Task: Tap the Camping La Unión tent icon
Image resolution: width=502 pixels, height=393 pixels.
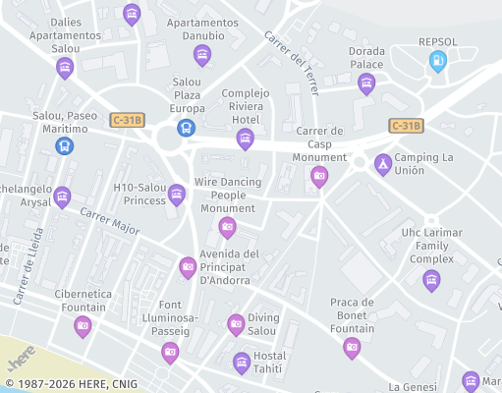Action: click(x=383, y=164)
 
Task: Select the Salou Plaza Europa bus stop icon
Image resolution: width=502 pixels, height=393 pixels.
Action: click(x=185, y=128)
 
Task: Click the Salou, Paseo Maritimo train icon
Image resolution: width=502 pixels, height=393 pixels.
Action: click(x=65, y=145)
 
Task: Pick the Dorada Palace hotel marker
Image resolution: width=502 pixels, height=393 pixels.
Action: click(x=366, y=84)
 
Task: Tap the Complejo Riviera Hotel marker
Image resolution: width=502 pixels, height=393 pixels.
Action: click(x=245, y=138)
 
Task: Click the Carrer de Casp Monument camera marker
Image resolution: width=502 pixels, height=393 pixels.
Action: click(x=318, y=176)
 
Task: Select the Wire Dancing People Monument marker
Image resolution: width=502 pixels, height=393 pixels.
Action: click(x=227, y=227)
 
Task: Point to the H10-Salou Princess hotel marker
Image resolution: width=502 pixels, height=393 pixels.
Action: click(x=177, y=194)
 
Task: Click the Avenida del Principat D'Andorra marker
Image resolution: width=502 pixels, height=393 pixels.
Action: click(x=188, y=266)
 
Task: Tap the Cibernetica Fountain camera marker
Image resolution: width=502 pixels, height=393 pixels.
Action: click(x=83, y=325)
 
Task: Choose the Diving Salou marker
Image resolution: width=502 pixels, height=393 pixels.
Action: click(x=236, y=323)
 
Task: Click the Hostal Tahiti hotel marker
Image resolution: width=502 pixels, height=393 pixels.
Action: click(x=242, y=363)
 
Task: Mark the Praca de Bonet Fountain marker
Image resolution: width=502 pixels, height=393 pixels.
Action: click(x=352, y=347)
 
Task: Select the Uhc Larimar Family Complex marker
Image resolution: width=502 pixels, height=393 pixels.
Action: click(x=431, y=280)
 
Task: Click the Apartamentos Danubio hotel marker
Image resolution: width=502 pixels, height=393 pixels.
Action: click(x=203, y=54)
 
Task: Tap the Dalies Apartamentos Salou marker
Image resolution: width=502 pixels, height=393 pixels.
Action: click(x=65, y=67)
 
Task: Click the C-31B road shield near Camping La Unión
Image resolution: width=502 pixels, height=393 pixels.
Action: click(x=405, y=126)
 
